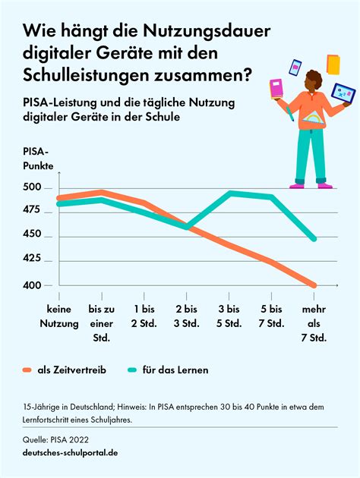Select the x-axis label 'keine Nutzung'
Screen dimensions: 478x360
point(59,316)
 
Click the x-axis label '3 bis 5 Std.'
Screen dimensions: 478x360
point(229,316)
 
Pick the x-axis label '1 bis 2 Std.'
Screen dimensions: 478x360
point(144,316)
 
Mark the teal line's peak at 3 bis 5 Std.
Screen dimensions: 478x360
point(229,193)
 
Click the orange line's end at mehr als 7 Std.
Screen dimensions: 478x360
point(313,285)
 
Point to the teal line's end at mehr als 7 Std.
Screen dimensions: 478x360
point(313,239)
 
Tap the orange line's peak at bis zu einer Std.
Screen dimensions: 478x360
point(102,192)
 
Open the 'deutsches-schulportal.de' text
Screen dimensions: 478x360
point(70,452)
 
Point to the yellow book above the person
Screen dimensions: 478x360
point(333,64)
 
